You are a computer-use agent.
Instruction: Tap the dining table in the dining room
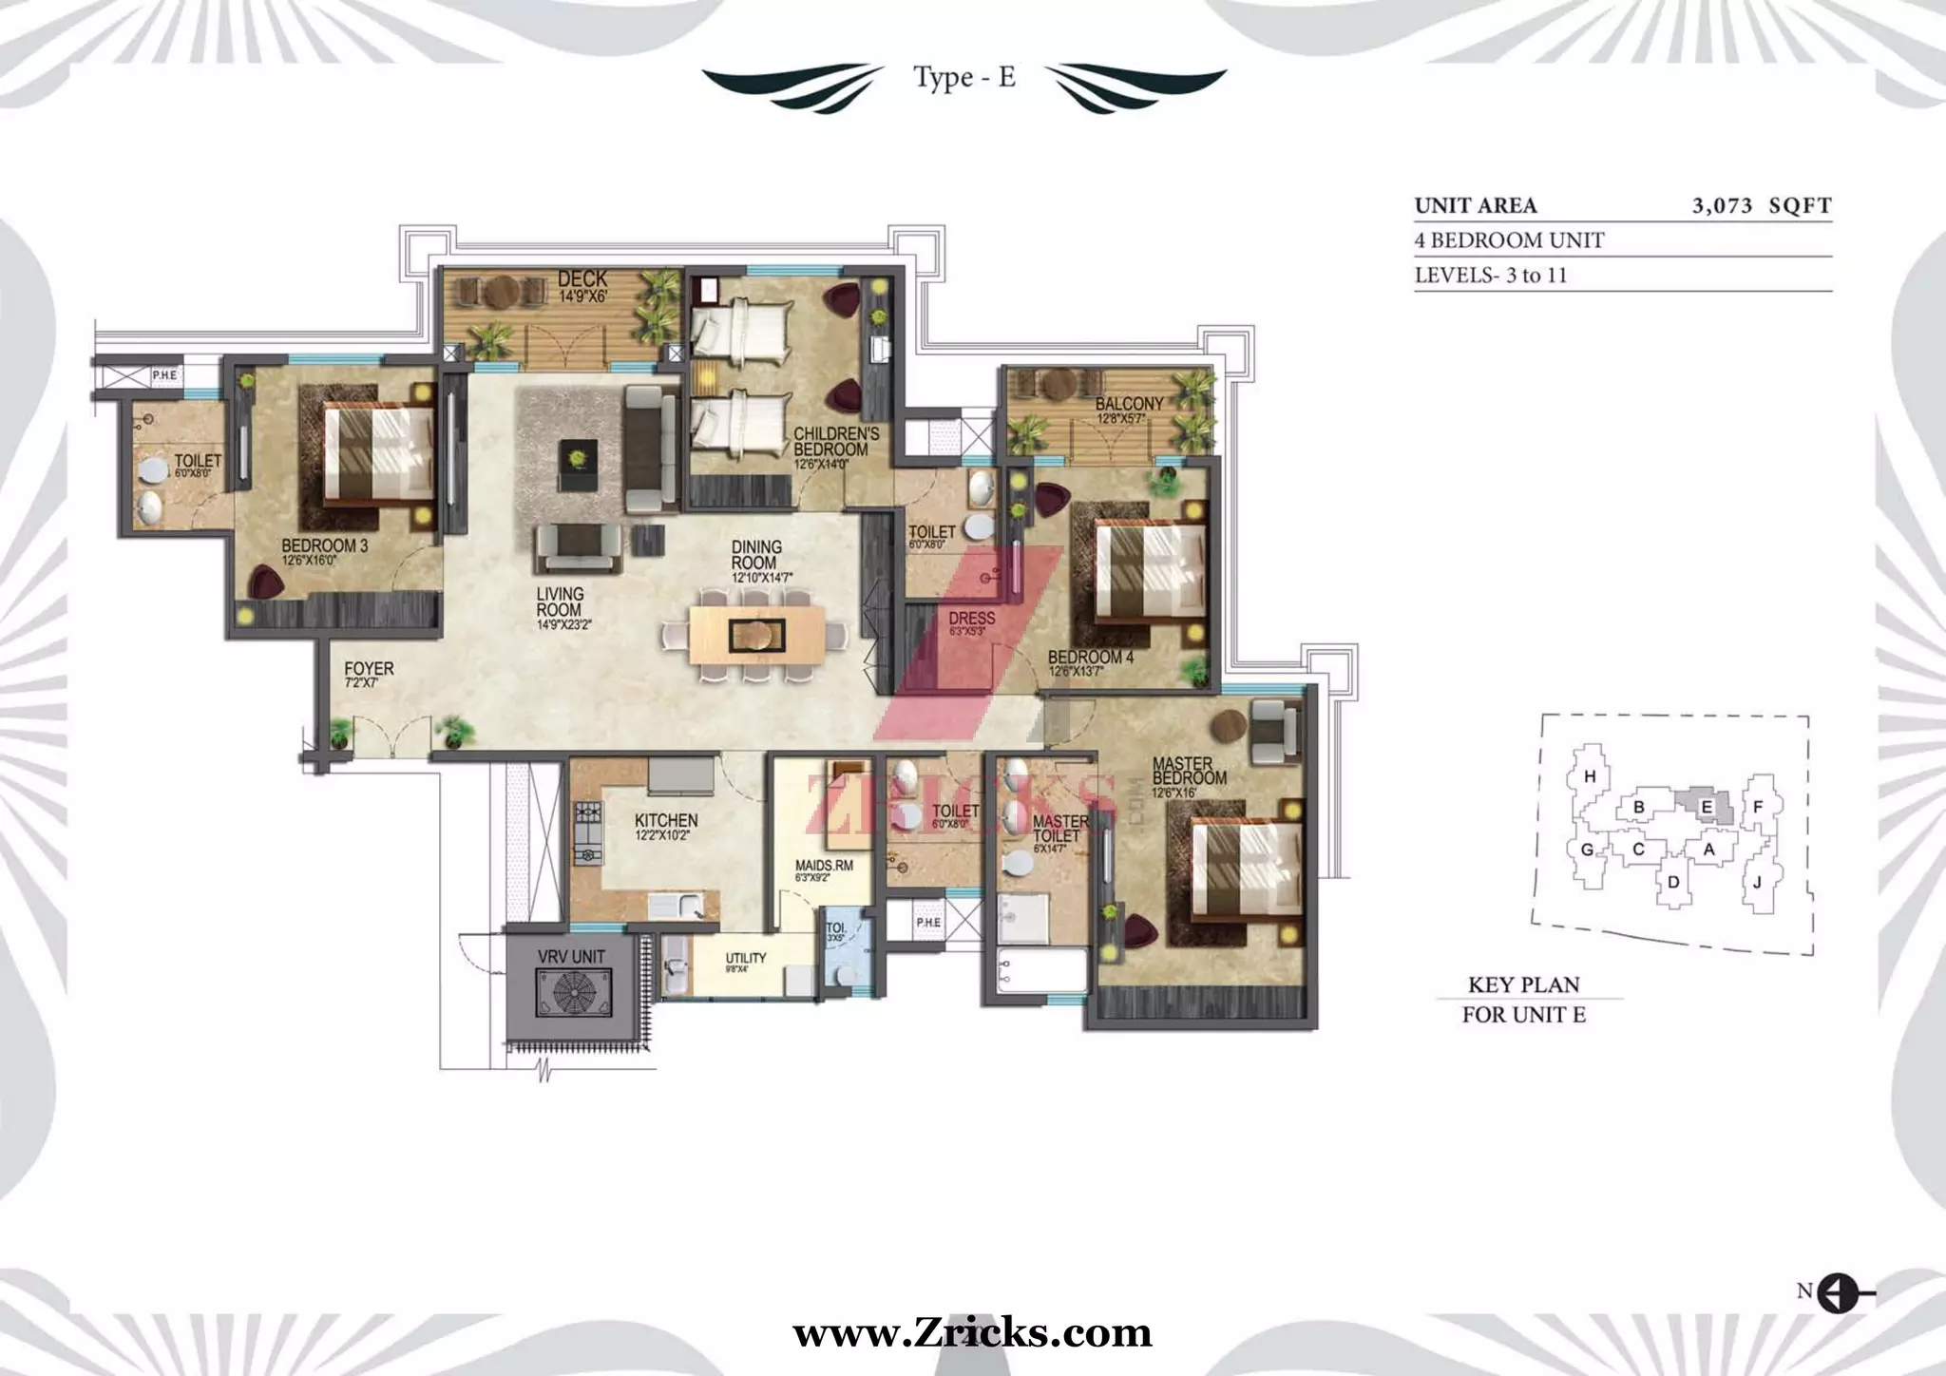coord(756,634)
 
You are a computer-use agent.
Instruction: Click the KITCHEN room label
coord(666,820)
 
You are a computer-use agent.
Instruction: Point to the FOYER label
coord(369,669)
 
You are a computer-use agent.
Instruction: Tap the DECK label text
coord(582,279)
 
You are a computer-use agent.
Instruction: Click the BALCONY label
coord(1129,405)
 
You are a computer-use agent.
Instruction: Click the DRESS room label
coord(971,619)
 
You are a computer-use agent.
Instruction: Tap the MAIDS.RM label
coord(824,866)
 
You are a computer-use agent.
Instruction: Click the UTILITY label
coord(745,958)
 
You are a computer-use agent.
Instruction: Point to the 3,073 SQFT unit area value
coord(1761,205)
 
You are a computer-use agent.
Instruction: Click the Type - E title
coord(964,78)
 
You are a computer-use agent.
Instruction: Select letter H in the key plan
coord(1590,776)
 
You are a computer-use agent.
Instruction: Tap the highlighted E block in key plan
coord(1707,808)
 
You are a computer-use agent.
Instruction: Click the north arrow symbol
coord(1838,1318)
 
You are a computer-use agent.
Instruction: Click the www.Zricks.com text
coord(972,1332)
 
